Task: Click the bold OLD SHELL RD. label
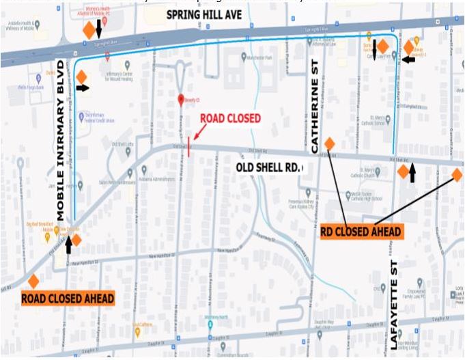coord(270,167)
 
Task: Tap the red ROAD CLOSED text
coord(230,118)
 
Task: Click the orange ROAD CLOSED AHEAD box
coord(68,299)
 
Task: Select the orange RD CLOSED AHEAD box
coord(361,232)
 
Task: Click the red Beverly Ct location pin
coord(181,100)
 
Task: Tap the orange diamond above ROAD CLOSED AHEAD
coord(33,281)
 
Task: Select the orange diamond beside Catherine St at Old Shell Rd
coord(329,143)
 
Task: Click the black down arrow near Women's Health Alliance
coord(100,29)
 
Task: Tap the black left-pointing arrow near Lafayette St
coord(408,59)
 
